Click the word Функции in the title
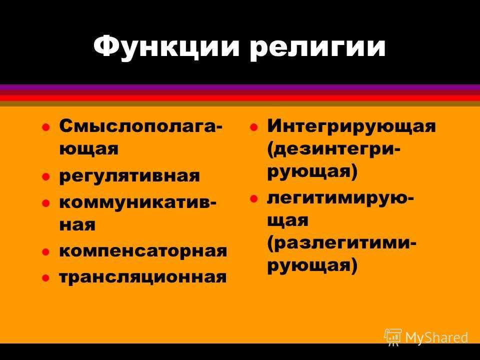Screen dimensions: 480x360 click(166, 47)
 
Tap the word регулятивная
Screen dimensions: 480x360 click(129, 176)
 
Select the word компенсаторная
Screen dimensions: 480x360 click(143, 250)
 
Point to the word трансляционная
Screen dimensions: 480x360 click(142, 277)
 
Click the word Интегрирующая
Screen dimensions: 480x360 click(351, 126)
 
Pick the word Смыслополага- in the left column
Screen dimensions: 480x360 click(141, 126)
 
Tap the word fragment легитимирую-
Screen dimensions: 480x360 click(340, 198)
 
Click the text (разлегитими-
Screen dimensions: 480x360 click(342, 244)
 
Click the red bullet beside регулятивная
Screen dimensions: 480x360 click(45, 176)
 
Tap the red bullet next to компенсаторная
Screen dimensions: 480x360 click(45, 251)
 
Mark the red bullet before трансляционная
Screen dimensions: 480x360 click(45, 277)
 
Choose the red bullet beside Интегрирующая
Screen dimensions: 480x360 click(253, 126)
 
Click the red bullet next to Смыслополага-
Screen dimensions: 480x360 click(45, 126)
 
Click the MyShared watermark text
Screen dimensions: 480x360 click(436, 337)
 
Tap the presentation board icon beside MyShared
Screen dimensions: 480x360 click(393, 336)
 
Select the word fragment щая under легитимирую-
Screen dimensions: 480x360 click(287, 220)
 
